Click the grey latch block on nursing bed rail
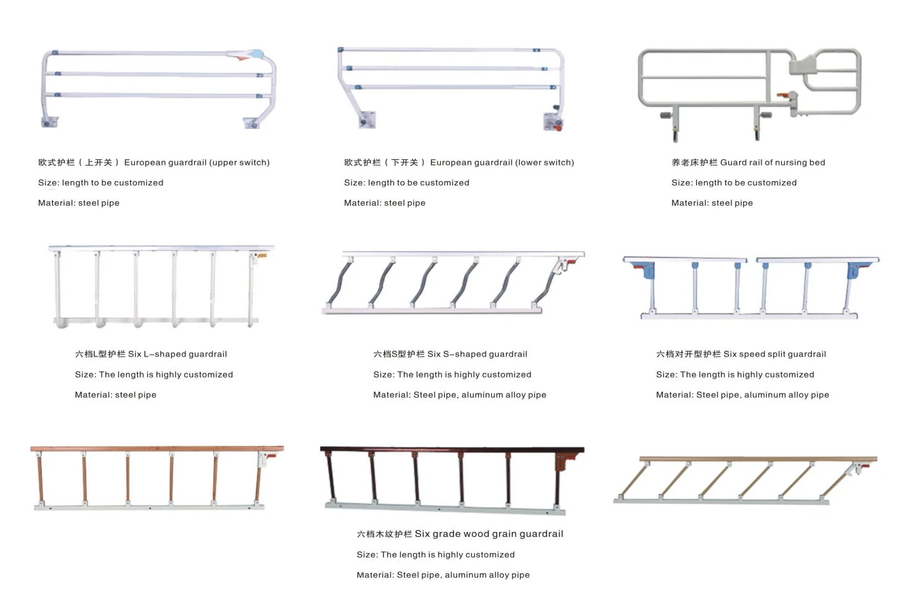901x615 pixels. (x=805, y=64)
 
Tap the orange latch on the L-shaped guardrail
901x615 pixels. (x=262, y=255)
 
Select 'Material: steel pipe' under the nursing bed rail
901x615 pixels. (x=712, y=203)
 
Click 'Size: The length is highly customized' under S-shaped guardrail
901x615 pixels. (x=452, y=374)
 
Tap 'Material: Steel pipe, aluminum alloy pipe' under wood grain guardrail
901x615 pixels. (x=443, y=575)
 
